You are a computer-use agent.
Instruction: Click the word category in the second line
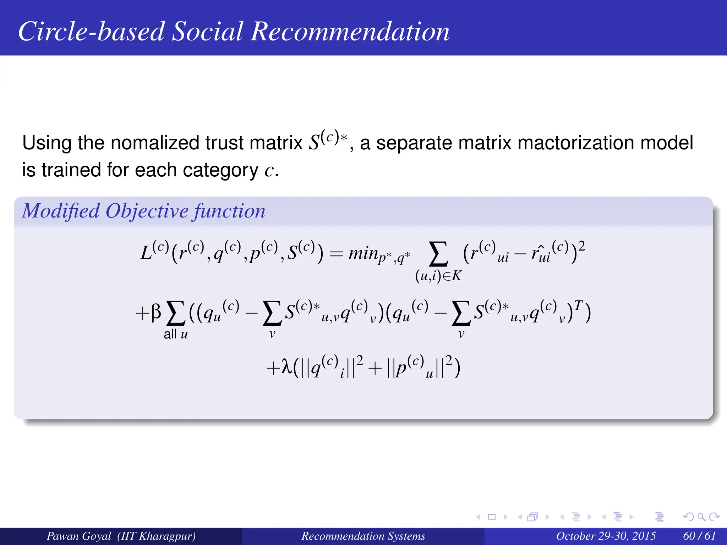point(220,170)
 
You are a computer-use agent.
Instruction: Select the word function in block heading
point(229,211)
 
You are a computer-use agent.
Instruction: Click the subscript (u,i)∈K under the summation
point(438,276)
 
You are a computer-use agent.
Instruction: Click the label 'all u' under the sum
point(176,334)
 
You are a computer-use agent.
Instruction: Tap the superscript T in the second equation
point(578,305)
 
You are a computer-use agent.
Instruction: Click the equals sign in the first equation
point(336,254)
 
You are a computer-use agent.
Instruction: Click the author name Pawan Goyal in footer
point(79,536)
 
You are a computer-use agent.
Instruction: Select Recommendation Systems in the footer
point(363,536)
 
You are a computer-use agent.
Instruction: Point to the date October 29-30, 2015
point(606,536)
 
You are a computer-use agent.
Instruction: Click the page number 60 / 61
point(699,536)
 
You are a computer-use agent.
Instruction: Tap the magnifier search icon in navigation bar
point(701,517)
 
